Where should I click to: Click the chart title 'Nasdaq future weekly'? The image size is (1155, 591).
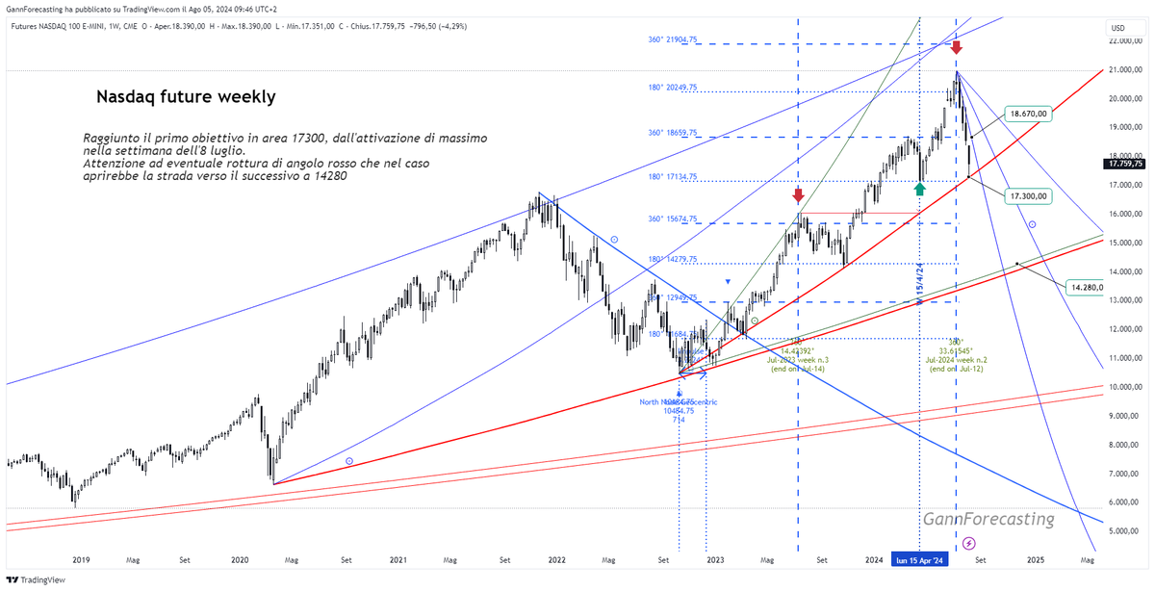[x=186, y=97]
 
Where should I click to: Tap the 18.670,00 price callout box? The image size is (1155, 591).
[x=1028, y=114]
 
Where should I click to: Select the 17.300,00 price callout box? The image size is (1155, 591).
[x=1028, y=195]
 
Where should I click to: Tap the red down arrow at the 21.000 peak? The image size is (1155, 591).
[x=956, y=46]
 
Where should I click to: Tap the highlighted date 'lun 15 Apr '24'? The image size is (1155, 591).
[x=920, y=559]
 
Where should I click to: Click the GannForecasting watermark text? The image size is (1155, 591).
[x=988, y=519]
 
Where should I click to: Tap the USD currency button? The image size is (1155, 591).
[x=1117, y=27]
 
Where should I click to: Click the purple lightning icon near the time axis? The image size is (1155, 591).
[x=968, y=544]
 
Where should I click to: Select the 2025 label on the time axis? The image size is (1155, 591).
[x=1035, y=559]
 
